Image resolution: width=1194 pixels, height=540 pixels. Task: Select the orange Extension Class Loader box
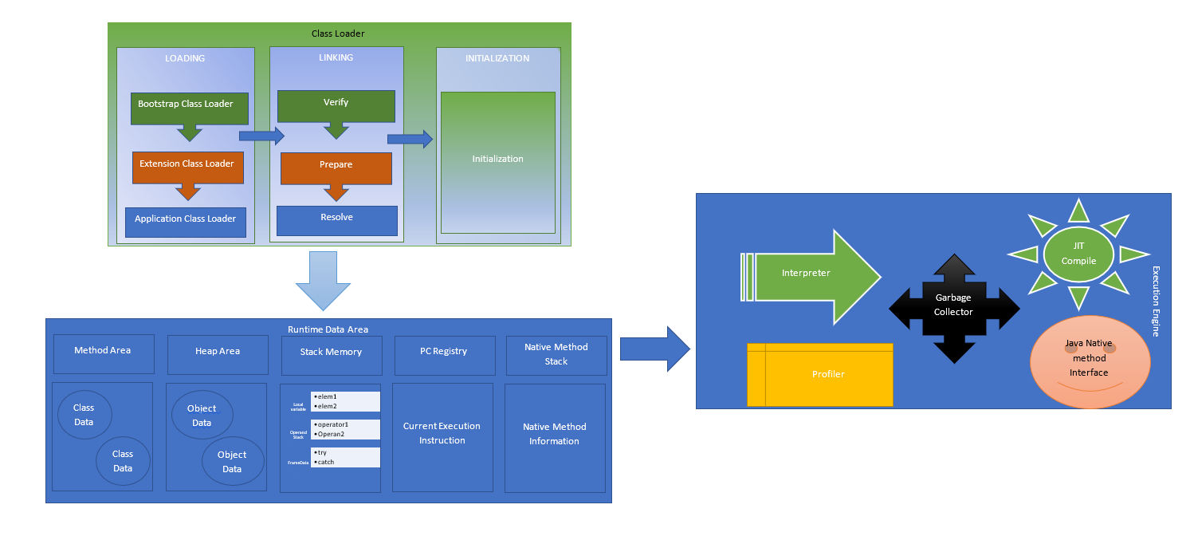[x=187, y=168]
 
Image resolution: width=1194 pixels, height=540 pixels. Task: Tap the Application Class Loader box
[x=185, y=222]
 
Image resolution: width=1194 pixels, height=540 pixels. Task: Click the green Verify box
[x=336, y=106]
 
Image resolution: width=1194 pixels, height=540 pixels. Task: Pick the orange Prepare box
[x=336, y=168]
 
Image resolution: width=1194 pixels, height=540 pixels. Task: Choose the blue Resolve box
[x=336, y=220]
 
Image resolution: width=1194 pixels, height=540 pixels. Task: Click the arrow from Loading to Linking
[x=261, y=136]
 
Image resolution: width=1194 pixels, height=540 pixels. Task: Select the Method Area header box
[x=103, y=353]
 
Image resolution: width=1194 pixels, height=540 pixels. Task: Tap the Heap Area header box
[x=218, y=354]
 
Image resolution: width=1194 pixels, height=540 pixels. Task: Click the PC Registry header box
[x=444, y=355]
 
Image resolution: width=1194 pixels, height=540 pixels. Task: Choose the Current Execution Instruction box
[x=442, y=437]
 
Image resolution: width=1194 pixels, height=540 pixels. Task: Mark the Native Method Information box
[x=555, y=437]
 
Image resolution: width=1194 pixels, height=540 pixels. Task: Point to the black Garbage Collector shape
[x=954, y=309]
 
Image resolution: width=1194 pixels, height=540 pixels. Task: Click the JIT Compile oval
[x=1078, y=254]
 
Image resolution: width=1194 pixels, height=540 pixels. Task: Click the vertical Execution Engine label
[x=1156, y=302]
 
